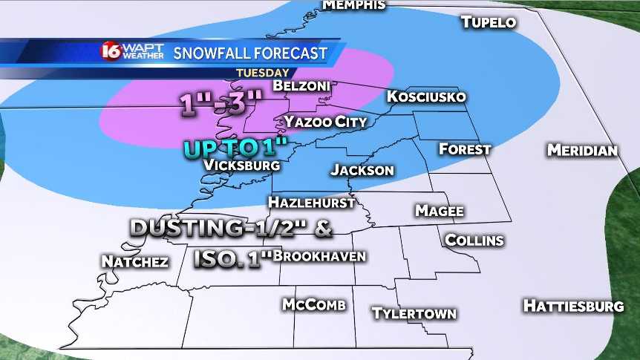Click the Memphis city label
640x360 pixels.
[353, 4]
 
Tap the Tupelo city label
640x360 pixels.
[489, 22]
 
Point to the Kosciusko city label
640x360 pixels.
[426, 97]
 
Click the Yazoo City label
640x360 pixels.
[325, 121]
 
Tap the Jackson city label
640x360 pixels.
[362, 170]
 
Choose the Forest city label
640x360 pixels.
[465, 148]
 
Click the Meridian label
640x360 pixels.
[582, 150]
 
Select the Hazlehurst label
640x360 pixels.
[310, 202]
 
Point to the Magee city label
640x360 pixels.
[440, 211]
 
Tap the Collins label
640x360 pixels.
[474, 240]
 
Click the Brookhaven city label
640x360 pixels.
[319, 256]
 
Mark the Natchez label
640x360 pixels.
[134, 261]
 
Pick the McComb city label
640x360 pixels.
[314, 304]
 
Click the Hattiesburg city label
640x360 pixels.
[573, 305]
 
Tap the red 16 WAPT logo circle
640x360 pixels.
[111, 52]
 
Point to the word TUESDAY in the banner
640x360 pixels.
[263, 73]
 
